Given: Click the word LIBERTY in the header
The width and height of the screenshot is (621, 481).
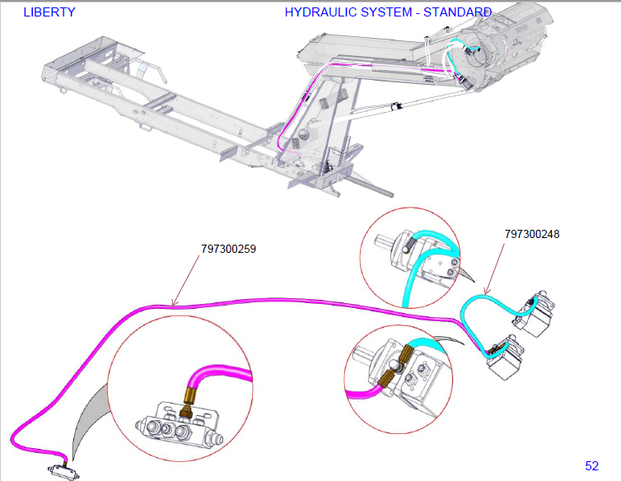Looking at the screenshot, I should pos(49,12).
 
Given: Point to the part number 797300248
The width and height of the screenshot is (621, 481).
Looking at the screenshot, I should pos(532,234).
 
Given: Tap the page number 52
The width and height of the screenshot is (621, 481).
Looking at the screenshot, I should pos(591,466).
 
